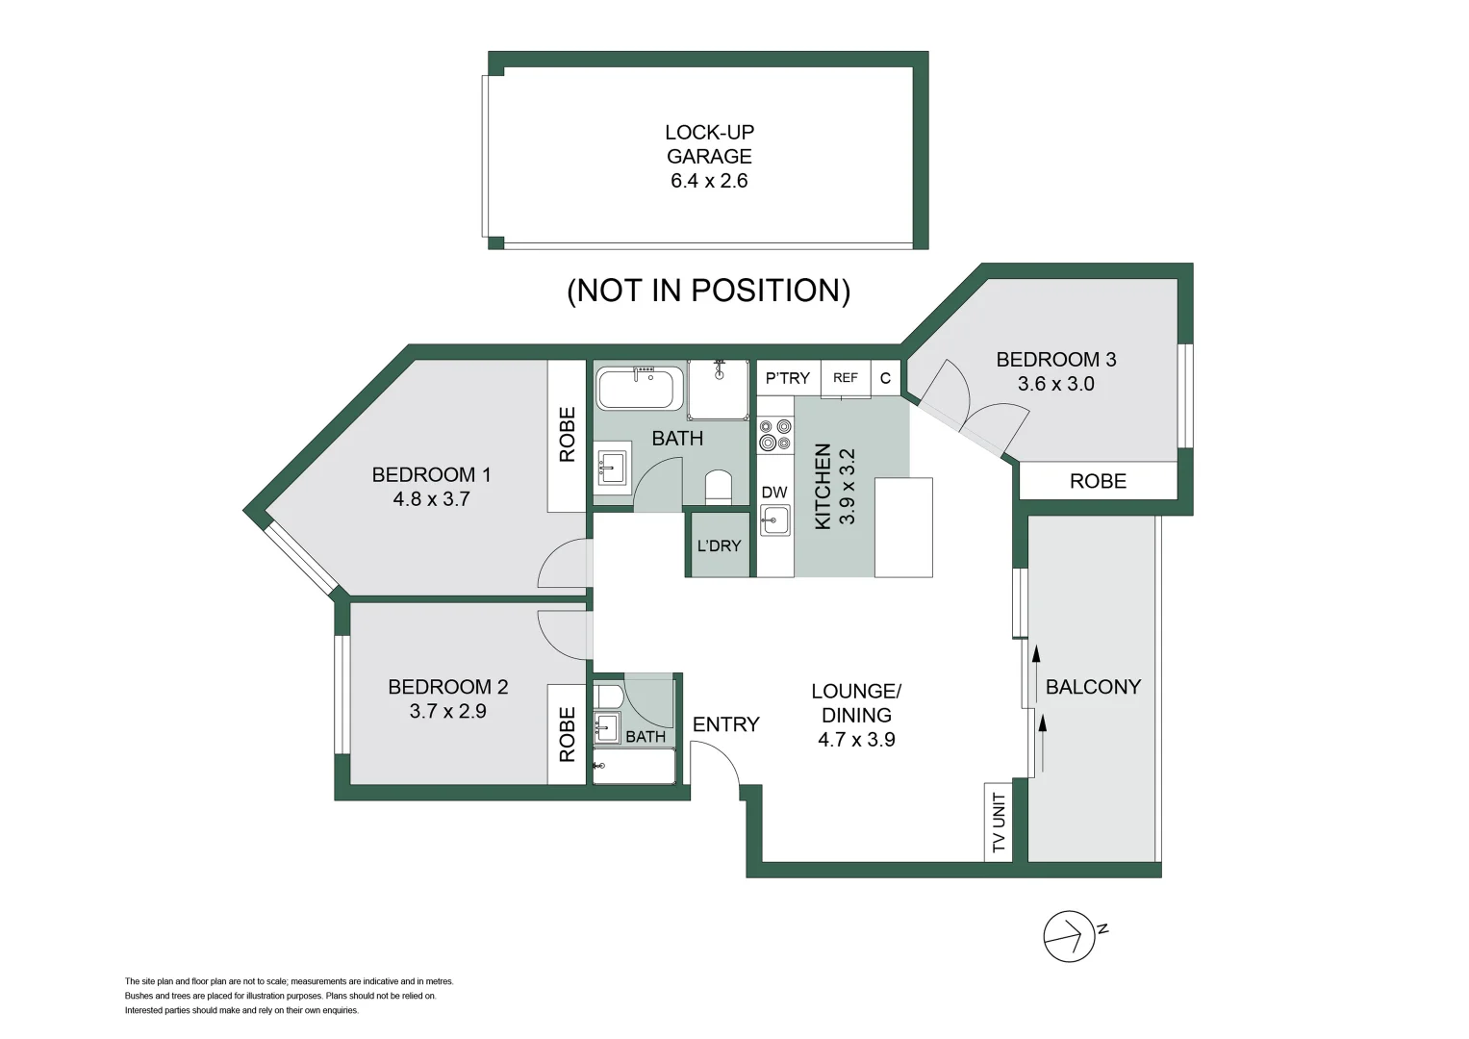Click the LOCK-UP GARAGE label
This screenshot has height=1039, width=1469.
click(709, 144)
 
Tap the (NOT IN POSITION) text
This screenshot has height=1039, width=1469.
click(708, 290)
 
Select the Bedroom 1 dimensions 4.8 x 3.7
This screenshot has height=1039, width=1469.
click(431, 499)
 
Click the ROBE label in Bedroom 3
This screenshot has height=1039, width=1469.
click(1098, 481)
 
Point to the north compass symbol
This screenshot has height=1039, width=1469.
click(1070, 935)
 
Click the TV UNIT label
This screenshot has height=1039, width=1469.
click(999, 823)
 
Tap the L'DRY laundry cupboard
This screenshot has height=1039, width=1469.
click(719, 545)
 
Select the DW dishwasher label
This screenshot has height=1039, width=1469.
click(774, 493)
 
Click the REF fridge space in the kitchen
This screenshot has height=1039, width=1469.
click(846, 378)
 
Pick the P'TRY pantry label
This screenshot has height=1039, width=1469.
click(788, 378)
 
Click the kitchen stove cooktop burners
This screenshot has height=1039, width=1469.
click(774, 434)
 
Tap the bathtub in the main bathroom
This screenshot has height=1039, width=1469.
click(636, 390)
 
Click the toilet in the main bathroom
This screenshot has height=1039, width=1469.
click(719, 486)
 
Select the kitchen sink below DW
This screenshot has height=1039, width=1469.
click(774, 520)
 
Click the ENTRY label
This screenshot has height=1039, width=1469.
click(726, 724)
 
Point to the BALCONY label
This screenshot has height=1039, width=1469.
click(1093, 687)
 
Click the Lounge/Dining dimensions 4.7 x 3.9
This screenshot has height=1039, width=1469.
click(856, 740)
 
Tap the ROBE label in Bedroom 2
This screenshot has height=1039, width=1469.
click(567, 734)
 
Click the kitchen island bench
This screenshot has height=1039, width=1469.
click(903, 527)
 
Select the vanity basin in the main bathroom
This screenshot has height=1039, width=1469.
click(611, 469)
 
